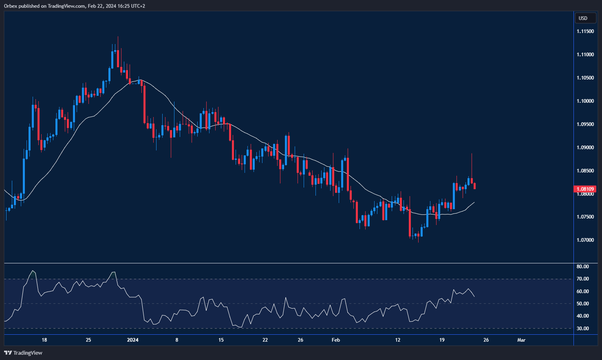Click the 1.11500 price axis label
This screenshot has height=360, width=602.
tap(585, 31)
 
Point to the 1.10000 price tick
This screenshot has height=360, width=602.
tap(585, 101)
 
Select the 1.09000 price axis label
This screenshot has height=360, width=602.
tap(585, 148)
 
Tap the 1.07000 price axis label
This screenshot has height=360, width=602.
tap(585, 240)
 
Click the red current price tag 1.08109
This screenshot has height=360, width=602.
tap(585, 189)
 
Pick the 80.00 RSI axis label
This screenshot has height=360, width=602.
tap(583, 267)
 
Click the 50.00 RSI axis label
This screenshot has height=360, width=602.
tap(583, 304)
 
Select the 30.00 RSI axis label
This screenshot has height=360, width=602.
tap(583, 329)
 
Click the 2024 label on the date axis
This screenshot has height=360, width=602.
tap(133, 340)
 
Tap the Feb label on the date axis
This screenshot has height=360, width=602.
tap(336, 340)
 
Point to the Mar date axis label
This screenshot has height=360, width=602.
tap(521, 340)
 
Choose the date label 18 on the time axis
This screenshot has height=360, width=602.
tap(44, 340)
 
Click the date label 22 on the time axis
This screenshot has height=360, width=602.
tap(265, 340)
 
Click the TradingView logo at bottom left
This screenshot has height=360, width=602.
tap(23, 353)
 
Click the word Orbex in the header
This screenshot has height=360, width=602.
tap(11, 6)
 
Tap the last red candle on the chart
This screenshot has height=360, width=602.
tap(475, 186)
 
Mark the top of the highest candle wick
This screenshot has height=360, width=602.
tap(118, 37)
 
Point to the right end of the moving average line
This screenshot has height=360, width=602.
tap(474, 202)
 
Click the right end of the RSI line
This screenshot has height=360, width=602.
tap(474, 296)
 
